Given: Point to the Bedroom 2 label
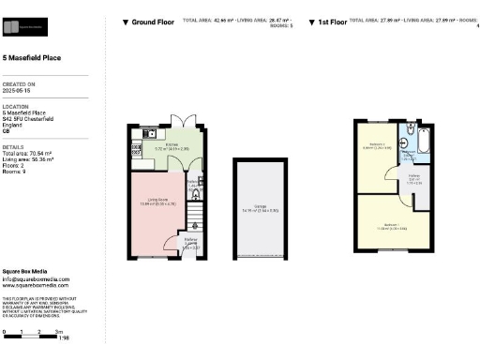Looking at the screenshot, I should (376, 146).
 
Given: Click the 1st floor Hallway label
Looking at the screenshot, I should (412, 179).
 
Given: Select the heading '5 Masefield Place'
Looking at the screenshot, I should (34, 57).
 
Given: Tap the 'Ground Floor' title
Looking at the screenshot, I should (151, 21).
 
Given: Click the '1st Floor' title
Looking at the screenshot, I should (332, 21).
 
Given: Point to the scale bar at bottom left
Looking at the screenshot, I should (32, 333).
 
